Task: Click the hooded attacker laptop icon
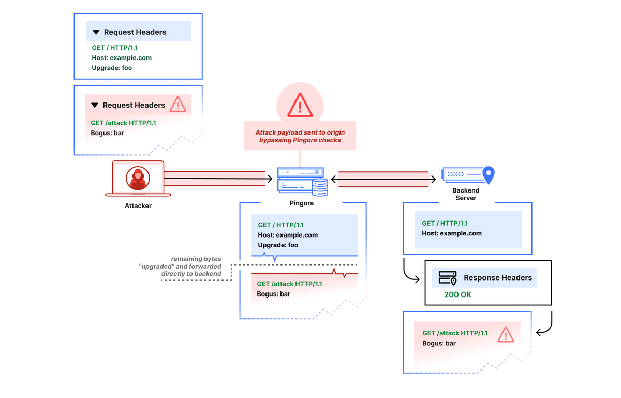pyautogui.click(x=138, y=179)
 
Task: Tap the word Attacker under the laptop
pyautogui.click(x=138, y=206)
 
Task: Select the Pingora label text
pyautogui.click(x=301, y=203)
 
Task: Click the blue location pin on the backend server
pyautogui.click(x=488, y=175)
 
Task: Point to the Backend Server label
pyautogui.click(x=466, y=194)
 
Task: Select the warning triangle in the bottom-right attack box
pyautogui.click(x=505, y=334)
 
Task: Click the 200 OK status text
pyautogui.click(x=457, y=294)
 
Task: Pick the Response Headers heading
pyautogui.click(x=497, y=277)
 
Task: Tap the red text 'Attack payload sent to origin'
pyautogui.click(x=300, y=132)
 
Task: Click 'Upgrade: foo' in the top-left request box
pyautogui.click(x=112, y=68)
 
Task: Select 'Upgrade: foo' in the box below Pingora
pyautogui.click(x=278, y=245)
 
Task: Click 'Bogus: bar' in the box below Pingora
pyautogui.click(x=273, y=294)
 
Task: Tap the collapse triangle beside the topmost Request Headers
pyautogui.click(x=96, y=32)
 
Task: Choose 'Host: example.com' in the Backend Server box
pyautogui.click(x=451, y=233)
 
